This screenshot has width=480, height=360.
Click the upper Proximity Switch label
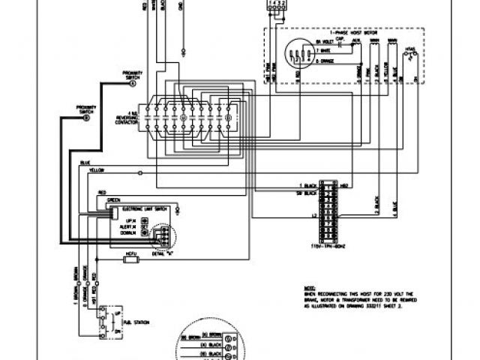click(132, 74)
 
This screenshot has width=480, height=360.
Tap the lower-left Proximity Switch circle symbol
click(86, 118)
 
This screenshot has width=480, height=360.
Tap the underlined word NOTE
click(301, 286)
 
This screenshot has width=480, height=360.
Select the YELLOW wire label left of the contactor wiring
click(95, 172)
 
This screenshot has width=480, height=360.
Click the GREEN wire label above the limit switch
click(113, 200)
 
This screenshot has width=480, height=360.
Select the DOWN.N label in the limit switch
click(127, 233)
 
